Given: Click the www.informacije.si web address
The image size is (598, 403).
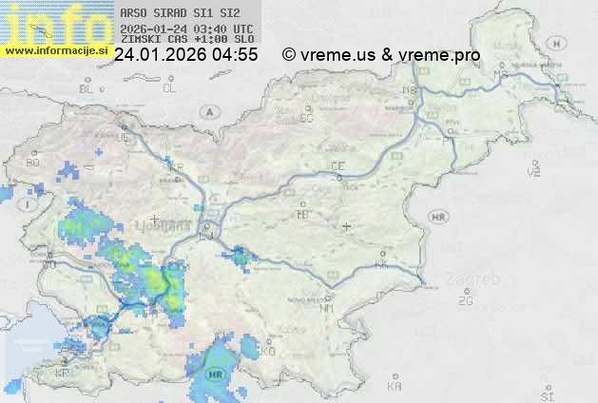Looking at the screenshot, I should pyautogui.click(x=55, y=50).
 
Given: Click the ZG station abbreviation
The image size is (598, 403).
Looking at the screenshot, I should pyautogui.click(x=465, y=301).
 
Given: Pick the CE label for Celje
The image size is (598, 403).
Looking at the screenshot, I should pyautogui.click(x=337, y=166).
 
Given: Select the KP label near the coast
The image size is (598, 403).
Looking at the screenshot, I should pyautogui.click(x=63, y=373).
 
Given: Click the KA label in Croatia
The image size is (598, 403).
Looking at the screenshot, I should pyautogui.click(x=395, y=387).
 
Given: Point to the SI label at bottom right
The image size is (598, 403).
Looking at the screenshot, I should pyautogui.click(x=546, y=394).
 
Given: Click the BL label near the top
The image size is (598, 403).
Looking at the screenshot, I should pyautogui.click(x=87, y=88).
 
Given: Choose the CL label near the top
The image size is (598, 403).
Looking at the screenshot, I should pyautogui.click(x=169, y=88).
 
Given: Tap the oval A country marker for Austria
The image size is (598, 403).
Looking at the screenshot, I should pyautogui.click(x=207, y=111).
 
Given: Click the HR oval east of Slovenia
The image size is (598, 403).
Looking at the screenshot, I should pyautogui.click(x=438, y=217).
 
